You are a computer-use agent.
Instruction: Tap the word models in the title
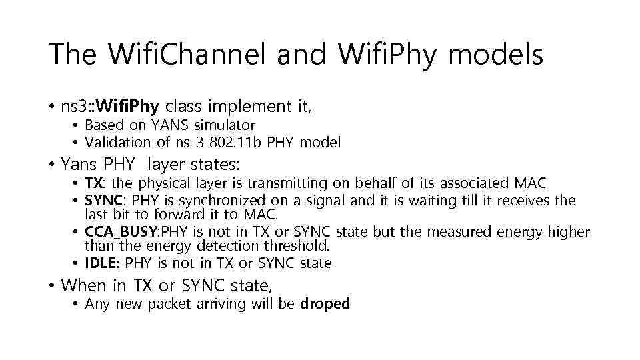pyautogui.click(x=497, y=55)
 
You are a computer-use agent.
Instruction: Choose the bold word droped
pyautogui.click(x=325, y=304)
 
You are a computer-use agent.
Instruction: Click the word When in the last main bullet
pyautogui.click(x=83, y=286)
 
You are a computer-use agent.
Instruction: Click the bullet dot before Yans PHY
pyautogui.click(x=51, y=164)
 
